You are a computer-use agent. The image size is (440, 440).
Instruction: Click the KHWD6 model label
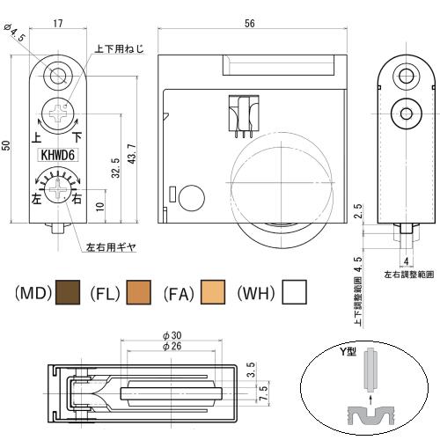click(58, 155)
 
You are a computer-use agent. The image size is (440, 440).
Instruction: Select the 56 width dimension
click(250, 24)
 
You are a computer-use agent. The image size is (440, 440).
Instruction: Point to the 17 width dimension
click(58, 23)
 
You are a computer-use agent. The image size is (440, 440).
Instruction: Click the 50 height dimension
click(6, 146)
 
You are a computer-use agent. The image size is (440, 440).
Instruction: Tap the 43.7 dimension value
click(132, 153)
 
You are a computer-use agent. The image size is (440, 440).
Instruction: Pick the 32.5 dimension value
click(116, 168)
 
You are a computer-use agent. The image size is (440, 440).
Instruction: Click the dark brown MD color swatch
click(68, 292)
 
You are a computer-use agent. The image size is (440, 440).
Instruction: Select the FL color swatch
click(139, 292)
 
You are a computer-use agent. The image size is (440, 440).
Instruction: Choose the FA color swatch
click(213, 292)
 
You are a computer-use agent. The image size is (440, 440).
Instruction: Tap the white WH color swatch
click(294, 292)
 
